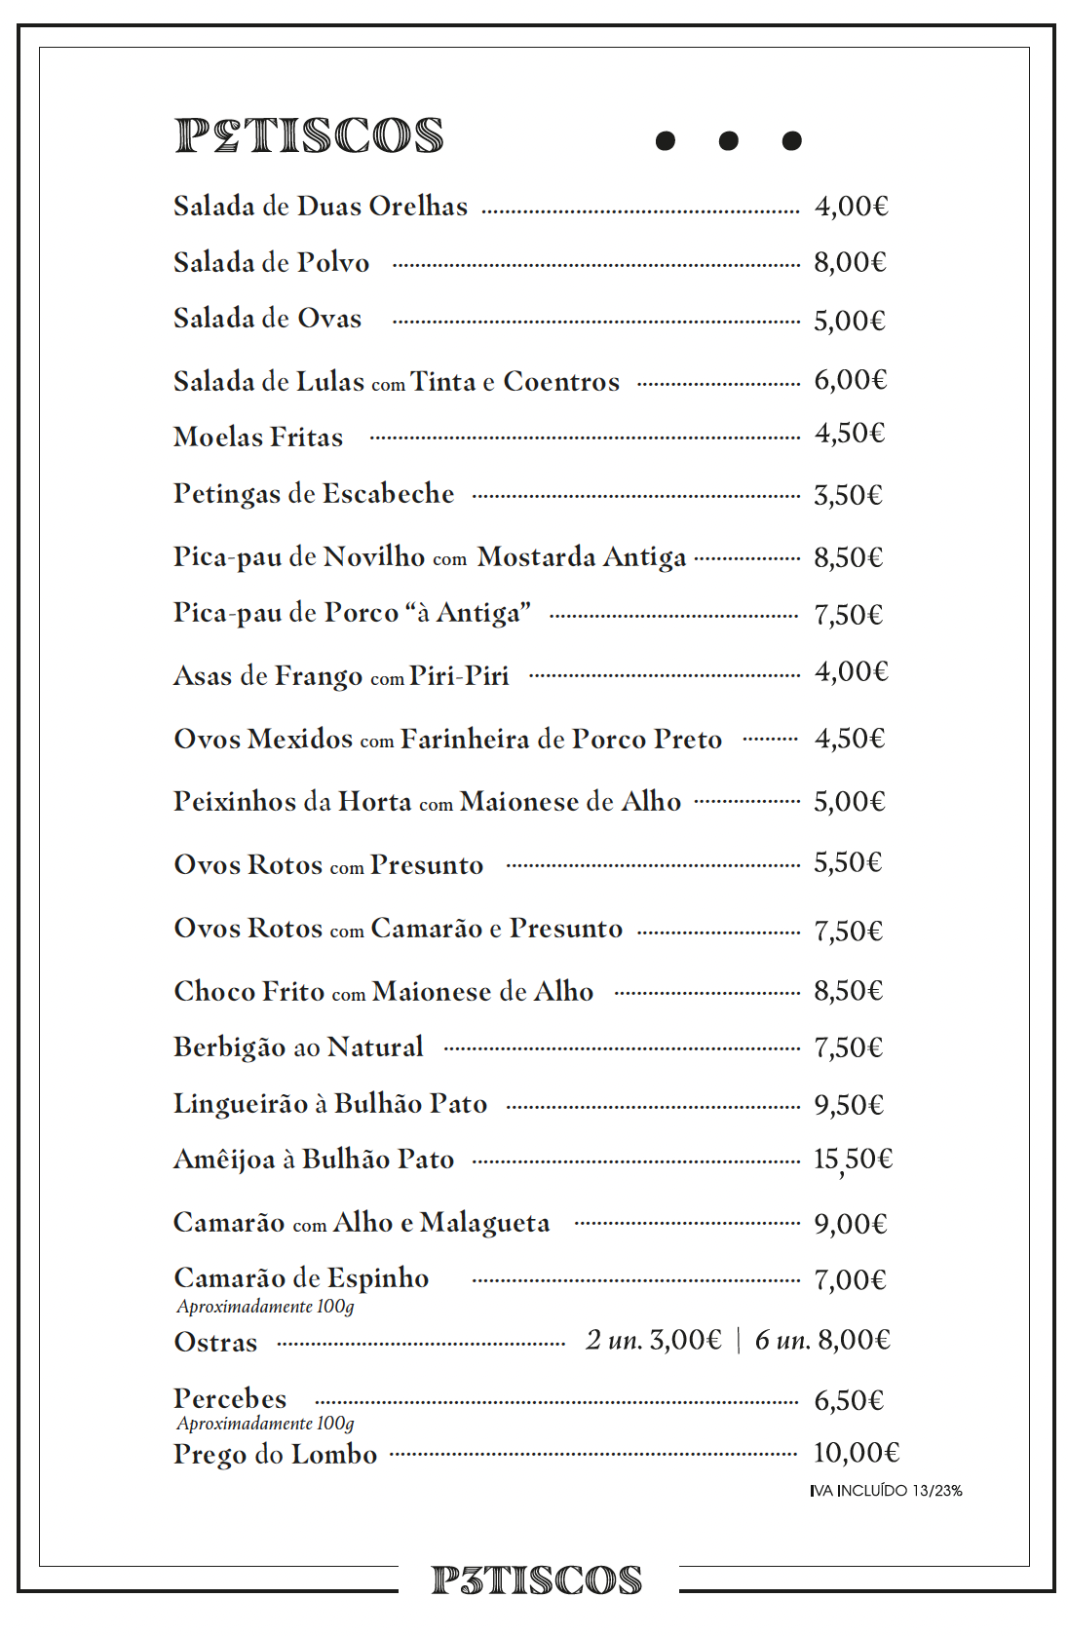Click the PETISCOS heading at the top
(x=309, y=136)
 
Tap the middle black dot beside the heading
(x=728, y=141)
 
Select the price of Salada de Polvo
(x=850, y=263)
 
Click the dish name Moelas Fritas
(x=258, y=438)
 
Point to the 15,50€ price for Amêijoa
(x=853, y=1160)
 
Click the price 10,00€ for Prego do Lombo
(x=856, y=1453)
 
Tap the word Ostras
(x=215, y=1343)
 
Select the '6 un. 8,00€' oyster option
(x=822, y=1341)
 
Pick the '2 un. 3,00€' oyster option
(x=653, y=1341)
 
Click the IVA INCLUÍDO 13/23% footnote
(x=886, y=1491)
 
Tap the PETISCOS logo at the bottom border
(x=537, y=1580)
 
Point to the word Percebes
(x=230, y=1399)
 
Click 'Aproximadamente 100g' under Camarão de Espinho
(x=265, y=1307)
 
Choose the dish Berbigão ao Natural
(x=298, y=1047)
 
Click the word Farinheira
(x=465, y=740)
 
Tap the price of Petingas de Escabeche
(x=848, y=496)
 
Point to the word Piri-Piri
(x=459, y=676)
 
